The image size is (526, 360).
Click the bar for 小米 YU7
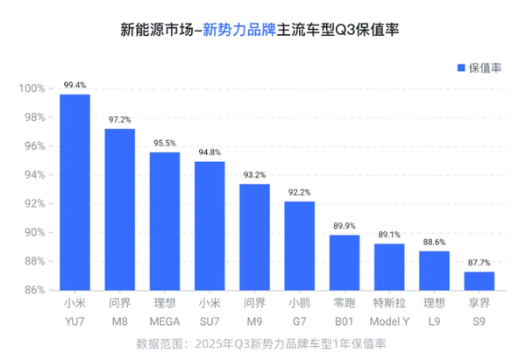75,192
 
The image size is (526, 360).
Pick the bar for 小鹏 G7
299,245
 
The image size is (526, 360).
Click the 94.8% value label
210,152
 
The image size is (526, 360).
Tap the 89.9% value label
345,225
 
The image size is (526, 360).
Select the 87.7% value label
479,262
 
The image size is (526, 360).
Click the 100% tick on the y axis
32,88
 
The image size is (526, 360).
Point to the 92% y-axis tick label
35,203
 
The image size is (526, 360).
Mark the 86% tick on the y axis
35,289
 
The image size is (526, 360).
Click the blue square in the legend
459,67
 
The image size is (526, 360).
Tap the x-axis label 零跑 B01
345,312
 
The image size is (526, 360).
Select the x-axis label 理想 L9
434,312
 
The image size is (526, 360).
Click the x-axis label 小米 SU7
210,312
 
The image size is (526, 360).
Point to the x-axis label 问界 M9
254,312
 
